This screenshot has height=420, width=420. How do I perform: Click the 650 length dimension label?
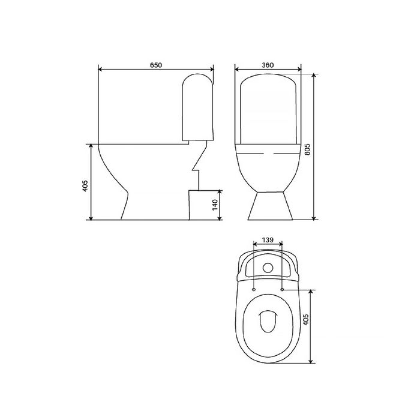pos(156,65)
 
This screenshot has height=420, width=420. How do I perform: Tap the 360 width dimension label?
pos(268,65)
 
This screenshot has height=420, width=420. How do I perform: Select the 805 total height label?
pos(307,149)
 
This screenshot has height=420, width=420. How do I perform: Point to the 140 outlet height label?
pos(215,205)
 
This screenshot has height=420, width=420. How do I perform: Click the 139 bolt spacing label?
pos(268,240)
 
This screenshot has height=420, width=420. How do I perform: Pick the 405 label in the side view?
pos(85,186)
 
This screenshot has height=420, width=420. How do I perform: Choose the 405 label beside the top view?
pos(305,320)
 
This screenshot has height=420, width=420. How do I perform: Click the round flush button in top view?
pos(268,268)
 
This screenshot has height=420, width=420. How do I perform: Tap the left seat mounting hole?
pos(254,290)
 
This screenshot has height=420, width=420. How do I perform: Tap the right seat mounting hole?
pos(282,290)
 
